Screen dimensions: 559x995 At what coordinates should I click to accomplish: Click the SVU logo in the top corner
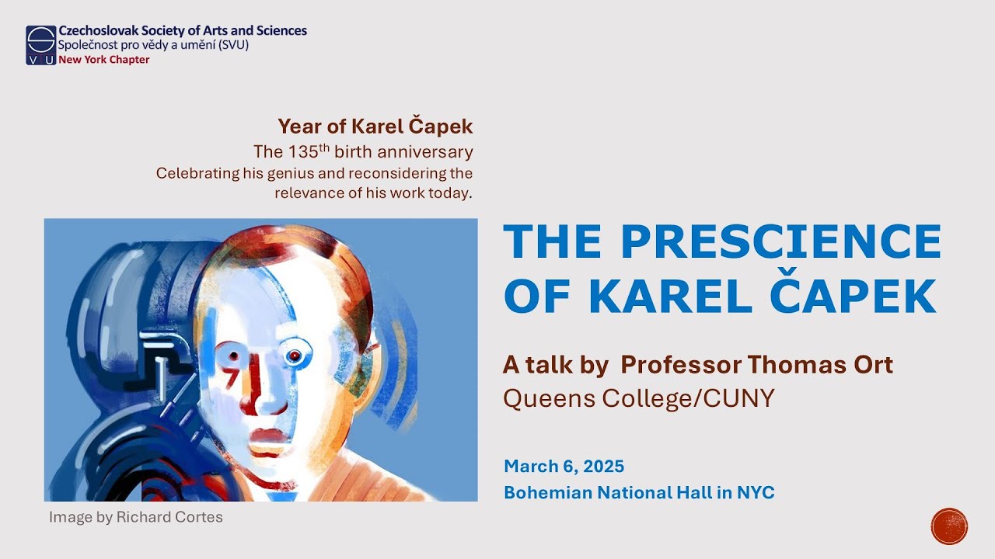point(40,45)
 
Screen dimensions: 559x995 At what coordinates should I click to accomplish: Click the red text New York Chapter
point(103,60)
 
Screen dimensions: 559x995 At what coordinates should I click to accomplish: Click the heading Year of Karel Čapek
point(375,126)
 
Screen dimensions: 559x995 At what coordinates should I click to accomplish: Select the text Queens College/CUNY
point(639,398)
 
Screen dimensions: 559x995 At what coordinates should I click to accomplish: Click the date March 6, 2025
point(564,467)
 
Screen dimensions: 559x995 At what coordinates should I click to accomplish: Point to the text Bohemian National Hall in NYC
point(639,492)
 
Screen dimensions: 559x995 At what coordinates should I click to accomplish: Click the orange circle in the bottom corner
point(949,526)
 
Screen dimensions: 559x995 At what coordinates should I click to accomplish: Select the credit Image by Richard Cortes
point(135,517)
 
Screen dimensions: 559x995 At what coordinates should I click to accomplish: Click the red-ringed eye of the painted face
point(294,356)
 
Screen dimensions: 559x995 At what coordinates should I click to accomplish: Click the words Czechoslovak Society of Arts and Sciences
point(183,31)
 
